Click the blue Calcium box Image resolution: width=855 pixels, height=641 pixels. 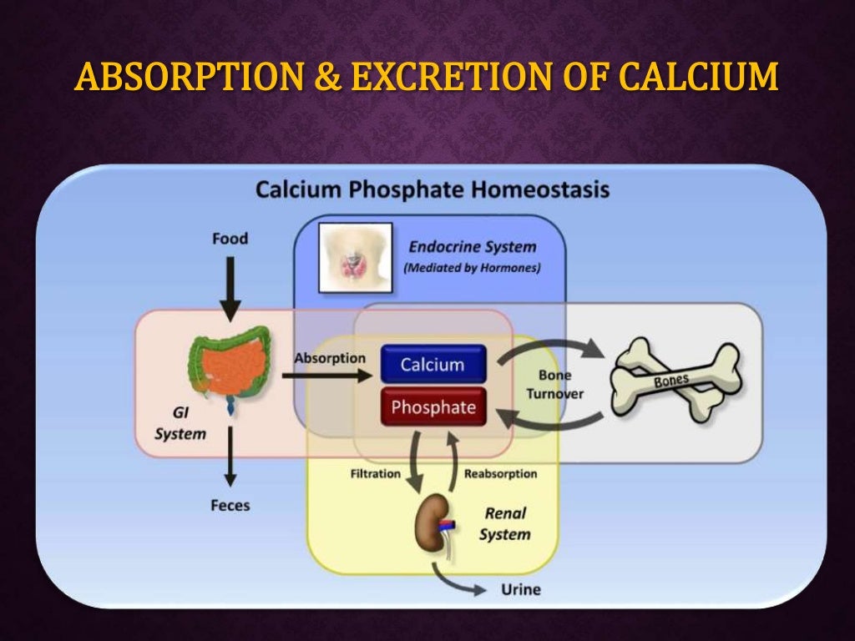tap(433, 365)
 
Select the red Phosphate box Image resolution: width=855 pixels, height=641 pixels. tap(433, 407)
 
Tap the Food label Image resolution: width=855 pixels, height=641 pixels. tap(230, 239)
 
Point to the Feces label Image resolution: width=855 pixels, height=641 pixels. tap(230, 505)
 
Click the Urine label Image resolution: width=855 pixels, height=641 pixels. tap(520, 589)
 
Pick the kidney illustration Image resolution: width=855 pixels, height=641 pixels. tap(435, 524)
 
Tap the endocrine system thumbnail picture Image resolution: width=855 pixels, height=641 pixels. tap(356, 257)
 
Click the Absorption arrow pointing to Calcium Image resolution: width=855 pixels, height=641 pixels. tap(326, 376)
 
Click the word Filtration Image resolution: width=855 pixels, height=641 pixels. tap(375, 473)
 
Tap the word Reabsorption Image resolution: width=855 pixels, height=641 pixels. tap(500, 473)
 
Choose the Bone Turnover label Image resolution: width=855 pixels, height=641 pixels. tap(555, 384)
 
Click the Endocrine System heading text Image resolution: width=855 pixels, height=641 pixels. tap(472, 247)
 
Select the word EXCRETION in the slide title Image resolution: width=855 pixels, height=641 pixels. tap(421, 78)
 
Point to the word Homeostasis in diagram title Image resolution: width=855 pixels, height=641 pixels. tap(541, 189)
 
